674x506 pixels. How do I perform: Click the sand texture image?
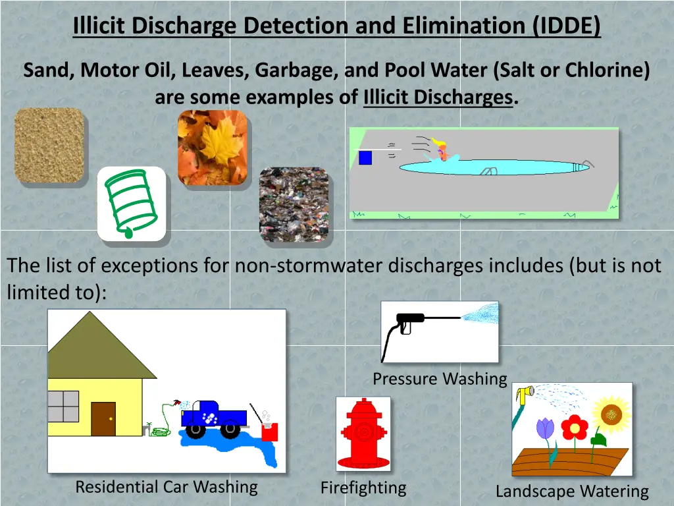[49, 145]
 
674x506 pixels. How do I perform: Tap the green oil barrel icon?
[131, 203]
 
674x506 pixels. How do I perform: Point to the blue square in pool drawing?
[365, 158]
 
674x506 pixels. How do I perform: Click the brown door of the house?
[103, 419]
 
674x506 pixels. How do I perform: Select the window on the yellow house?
[63, 406]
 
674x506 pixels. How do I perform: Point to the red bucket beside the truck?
[270, 432]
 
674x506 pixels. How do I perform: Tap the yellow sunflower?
[611, 414]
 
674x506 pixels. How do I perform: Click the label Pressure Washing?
[440, 379]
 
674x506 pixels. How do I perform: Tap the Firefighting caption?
[363, 488]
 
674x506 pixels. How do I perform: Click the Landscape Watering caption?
[571, 491]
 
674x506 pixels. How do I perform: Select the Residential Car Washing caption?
[167, 487]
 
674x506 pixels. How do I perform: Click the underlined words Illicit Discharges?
[438, 98]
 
